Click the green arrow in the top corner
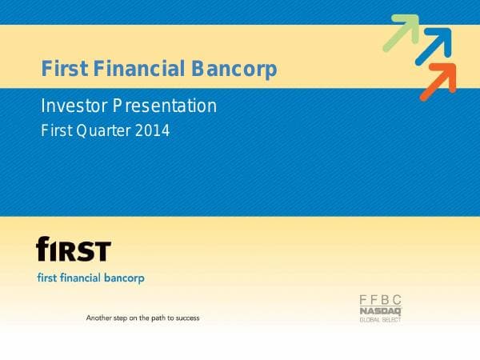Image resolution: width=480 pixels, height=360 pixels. pyautogui.click(x=402, y=32)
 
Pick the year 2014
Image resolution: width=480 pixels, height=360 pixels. pyautogui.click(x=152, y=130)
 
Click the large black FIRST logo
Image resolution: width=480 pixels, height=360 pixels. pyautogui.click(x=74, y=250)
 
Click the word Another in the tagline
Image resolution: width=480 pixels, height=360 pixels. pyautogui.click(x=100, y=318)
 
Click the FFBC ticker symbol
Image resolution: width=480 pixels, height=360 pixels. pyautogui.click(x=380, y=300)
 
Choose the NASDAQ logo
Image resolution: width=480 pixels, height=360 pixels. pyautogui.click(x=380, y=310)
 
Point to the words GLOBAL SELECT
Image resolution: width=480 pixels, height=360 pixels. pyautogui.click(x=380, y=319)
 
